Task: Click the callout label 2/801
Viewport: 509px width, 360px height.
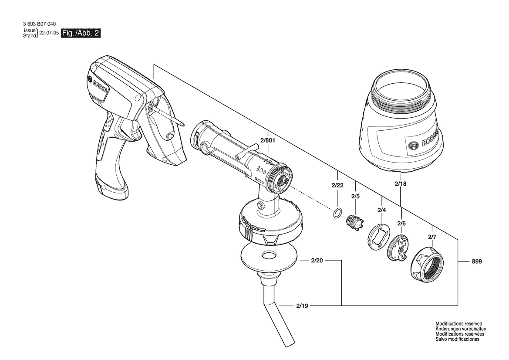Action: (268, 141)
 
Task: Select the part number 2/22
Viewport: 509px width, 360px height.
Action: (337, 185)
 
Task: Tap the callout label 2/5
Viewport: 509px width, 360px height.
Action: (355, 197)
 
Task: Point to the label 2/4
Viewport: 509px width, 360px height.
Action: (382, 210)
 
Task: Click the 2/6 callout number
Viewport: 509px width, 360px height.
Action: (401, 224)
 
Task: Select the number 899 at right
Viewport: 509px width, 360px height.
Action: (477, 261)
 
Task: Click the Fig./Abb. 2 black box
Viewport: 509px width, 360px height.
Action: (81, 33)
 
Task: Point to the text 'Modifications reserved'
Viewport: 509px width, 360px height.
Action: (458, 324)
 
